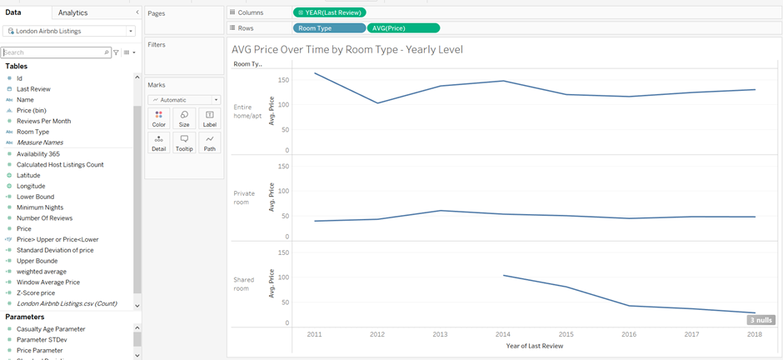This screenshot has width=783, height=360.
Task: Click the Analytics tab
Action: pyautogui.click(x=73, y=12)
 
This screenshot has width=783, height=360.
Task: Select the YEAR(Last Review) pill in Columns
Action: pyautogui.click(x=330, y=12)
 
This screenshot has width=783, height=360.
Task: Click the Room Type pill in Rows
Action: pyautogui.click(x=328, y=27)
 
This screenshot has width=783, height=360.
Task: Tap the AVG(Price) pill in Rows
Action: pyautogui.click(x=403, y=27)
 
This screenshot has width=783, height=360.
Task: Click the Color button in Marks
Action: pyautogui.click(x=158, y=118)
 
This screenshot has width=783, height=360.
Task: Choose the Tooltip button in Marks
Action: pyautogui.click(x=184, y=142)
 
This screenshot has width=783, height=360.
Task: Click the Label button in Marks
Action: pyautogui.click(x=209, y=118)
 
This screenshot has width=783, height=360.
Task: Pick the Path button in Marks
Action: pyautogui.click(x=209, y=142)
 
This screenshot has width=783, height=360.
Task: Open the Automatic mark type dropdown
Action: pyautogui.click(x=184, y=100)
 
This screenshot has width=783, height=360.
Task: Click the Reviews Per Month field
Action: pyautogui.click(x=43, y=121)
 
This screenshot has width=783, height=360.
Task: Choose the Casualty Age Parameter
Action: pyautogui.click(x=51, y=329)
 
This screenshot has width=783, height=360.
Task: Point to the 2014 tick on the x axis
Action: pyautogui.click(x=502, y=334)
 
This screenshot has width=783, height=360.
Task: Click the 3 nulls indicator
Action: pyautogui.click(x=761, y=320)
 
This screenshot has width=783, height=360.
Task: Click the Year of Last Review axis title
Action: pyautogui.click(x=534, y=346)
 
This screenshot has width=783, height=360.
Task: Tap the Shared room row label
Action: pyautogui.click(x=244, y=283)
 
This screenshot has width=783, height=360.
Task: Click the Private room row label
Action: pyautogui.click(x=245, y=197)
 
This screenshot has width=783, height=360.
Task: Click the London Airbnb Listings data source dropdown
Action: pyautogui.click(x=69, y=31)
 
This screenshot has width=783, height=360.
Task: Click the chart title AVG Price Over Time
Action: pyautogui.click(x=347, y=49)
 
